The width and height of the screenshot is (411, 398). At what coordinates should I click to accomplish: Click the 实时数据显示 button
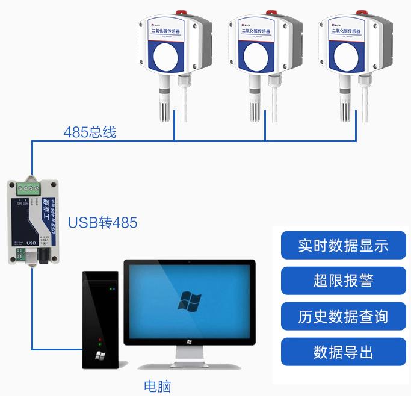[x=343, y=246]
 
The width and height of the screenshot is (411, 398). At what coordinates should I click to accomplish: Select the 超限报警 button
[x=343, y=281]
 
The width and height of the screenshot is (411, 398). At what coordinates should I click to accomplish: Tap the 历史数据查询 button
[x=343, y=317]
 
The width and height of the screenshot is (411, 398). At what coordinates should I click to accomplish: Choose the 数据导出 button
[x=343, y=352]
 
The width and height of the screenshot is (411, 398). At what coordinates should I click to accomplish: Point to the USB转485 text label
[x=102, y=223]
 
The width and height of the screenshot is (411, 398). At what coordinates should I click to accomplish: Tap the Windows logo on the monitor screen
[x=189, y=300]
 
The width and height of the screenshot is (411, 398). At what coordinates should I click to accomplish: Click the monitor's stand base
[x=189, y=365]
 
